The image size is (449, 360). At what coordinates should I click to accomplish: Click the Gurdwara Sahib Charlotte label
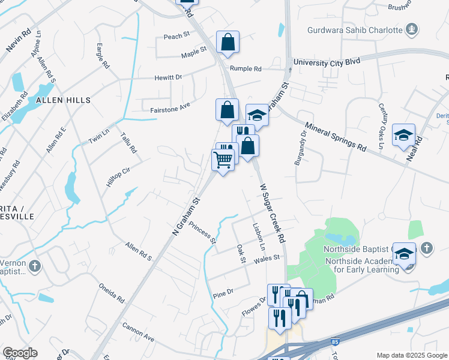pos(354,30)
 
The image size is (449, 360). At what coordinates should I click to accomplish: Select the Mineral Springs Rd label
pos(336,137)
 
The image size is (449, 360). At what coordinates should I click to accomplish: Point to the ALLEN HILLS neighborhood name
pos(63,100)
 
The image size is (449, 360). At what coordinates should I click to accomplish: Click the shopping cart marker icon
pos(223,160)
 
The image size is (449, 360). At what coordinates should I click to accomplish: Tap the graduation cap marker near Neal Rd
pos(404,135)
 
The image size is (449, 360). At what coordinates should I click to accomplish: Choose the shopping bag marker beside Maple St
pos(228,43)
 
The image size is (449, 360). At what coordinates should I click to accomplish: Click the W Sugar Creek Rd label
pos(272,213)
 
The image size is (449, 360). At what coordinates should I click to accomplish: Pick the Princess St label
pos(202,232)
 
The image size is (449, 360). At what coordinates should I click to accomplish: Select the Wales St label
pos(267,259)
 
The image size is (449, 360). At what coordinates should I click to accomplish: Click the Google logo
pos(20,353)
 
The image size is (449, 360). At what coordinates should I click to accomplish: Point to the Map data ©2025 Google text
pos(411,355)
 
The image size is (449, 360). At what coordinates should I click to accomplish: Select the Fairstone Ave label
pos(170,106)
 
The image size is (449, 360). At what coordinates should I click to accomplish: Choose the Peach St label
pos(176,37)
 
